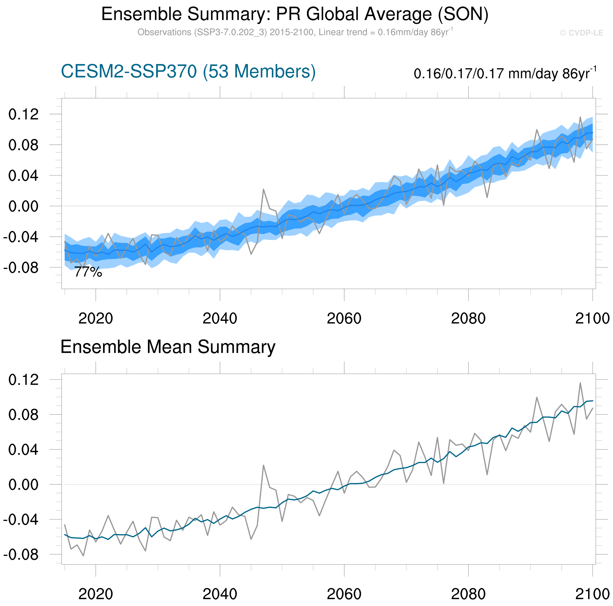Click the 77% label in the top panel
click(x=88, y=272)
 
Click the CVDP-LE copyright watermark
click(x=581, y=33)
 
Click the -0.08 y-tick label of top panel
click(x=21, y=267)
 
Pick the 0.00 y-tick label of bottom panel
click(x=24, y=485)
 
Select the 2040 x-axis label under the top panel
click(x=220, y=318)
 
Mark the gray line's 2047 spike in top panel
click(x=263, y=189)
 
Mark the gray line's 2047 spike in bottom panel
click(x=263, y=465)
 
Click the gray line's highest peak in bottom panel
click(x=580, y=383)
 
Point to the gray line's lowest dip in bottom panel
click(x=84, y=556)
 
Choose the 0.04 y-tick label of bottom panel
click(x=24, y=450)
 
